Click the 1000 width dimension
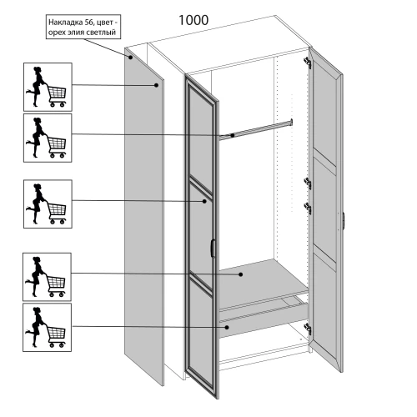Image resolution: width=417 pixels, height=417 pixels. click(193, 20)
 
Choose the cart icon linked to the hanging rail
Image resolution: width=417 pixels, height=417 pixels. click(48, 138)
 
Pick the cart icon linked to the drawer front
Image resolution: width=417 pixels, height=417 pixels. click(47, 327)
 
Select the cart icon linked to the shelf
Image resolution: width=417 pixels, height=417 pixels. click(47, 277)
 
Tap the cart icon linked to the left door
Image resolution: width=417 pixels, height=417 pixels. click(48, 204)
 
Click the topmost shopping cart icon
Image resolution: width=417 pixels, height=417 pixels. click(48, 87)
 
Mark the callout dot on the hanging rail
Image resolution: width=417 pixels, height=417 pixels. click(233, 135)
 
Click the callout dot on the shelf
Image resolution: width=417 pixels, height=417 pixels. click(241, 274)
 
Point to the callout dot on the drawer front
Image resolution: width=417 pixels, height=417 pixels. click(227, 328)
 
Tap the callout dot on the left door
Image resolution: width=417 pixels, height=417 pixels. click(204, 201)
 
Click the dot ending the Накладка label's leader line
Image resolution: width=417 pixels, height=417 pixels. click(130, 58)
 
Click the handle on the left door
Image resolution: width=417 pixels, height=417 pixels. click(213, 248)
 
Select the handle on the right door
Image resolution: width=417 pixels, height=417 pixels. click(344, 221)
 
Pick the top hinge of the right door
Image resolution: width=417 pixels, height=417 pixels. click(307, 63)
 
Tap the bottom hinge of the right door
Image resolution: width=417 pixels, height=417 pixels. click(308, 329)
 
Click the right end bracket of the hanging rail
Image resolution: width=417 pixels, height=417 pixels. click(291, 123)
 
